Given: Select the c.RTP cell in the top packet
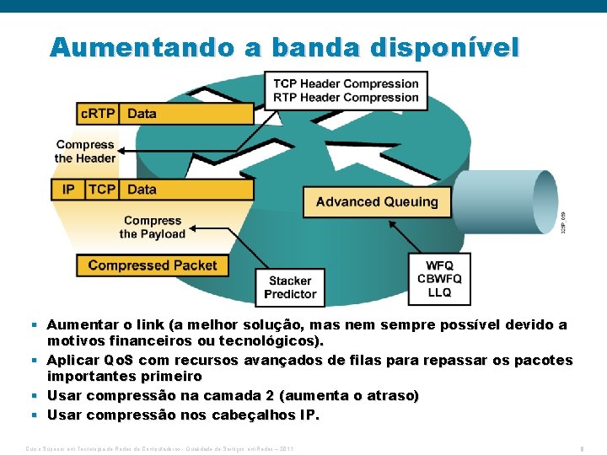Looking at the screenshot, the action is point(97,114).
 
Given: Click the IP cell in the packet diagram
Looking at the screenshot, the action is point(68,190).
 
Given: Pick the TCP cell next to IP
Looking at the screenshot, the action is point(102,190).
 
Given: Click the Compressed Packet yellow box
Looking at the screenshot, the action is point(153,265).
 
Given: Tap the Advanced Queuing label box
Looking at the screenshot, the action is point(377,202).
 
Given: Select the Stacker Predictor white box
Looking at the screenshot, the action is point(290,287).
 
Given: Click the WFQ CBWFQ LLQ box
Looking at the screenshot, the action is point(439,279).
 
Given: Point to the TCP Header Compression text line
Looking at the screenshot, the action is point(346,83).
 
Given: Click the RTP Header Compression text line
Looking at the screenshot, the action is point(346,97).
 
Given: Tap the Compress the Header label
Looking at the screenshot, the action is point(84,152).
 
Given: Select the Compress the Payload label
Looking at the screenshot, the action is point(152,227).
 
